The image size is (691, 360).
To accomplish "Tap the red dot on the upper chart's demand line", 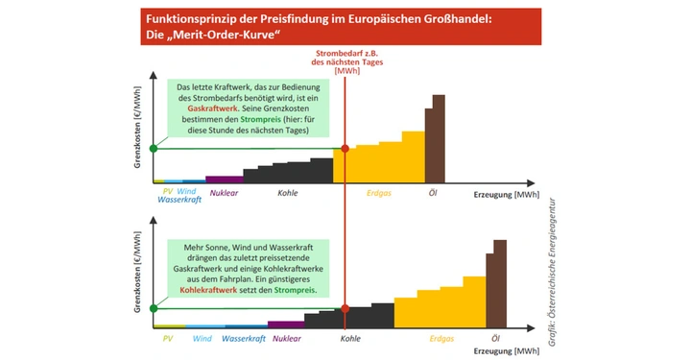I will coord(345,148).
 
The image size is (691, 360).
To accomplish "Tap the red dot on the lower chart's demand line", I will coord(345,309).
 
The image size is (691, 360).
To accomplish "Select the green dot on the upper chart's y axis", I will coord(154,148).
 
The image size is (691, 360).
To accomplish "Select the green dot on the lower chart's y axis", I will coord(154,309).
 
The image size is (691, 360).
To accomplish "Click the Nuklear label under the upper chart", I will coord(223,193).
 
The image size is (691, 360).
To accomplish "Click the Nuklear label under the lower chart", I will coord(286,339).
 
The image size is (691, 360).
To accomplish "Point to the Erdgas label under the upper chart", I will coord(379,193).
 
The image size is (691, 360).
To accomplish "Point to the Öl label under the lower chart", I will coord(495,339).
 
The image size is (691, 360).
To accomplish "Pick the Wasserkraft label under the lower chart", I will coord(243,339).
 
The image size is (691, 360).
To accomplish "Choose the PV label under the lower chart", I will coord(167,339).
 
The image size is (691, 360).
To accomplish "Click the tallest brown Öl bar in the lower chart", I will coord(500,282).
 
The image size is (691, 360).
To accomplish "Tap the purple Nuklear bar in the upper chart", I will coord(225,179).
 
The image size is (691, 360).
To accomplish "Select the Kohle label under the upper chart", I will coord(287,193).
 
